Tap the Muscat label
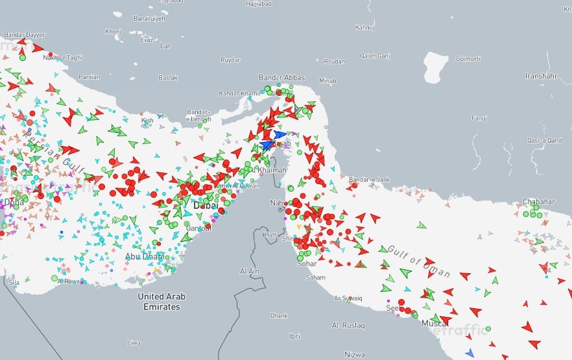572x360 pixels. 435,322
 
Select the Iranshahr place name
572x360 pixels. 541,76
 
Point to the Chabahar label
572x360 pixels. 539,202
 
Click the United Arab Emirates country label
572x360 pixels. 161,302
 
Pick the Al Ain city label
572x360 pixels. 250,271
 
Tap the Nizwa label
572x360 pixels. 355,355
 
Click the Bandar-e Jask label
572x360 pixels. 368,180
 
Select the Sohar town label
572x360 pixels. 307,264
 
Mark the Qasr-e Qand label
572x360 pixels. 544,140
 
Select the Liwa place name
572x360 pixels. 134,342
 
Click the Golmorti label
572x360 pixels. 468,59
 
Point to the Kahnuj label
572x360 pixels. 365,27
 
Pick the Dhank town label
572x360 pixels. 279,316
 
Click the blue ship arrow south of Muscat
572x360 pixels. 470,352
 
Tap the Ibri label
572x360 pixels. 294,337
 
